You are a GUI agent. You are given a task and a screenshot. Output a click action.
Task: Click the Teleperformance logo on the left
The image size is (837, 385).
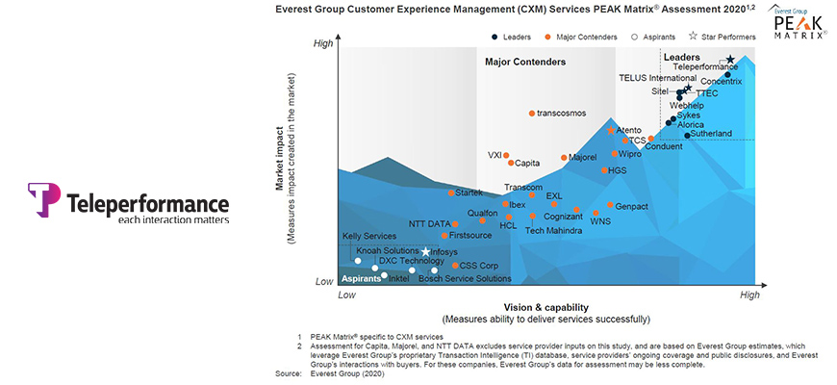pos(129,204)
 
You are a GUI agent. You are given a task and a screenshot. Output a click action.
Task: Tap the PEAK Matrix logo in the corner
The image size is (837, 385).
pos(799,21)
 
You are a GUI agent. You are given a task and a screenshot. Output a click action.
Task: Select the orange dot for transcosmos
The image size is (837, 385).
pos(532,114)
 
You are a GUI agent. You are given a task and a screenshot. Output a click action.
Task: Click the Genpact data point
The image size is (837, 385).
pos(610,205)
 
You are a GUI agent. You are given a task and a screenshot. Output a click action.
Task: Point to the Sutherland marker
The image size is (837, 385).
pos(687,135)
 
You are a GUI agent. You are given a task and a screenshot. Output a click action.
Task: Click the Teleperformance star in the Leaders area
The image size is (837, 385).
pos(730,60)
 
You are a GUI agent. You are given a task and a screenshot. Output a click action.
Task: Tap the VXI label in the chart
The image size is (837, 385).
pos(495,155)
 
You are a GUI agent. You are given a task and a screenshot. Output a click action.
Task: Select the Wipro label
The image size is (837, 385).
pos(630,154)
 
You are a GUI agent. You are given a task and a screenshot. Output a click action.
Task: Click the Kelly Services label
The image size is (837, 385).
pos(369,236)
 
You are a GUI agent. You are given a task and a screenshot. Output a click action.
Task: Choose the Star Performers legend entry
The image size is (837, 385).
pos(723,37)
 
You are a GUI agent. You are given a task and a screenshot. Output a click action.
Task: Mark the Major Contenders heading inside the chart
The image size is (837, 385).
pos(525,63)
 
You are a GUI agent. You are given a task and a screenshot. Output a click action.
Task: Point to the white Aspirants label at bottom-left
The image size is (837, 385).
pos(362,278)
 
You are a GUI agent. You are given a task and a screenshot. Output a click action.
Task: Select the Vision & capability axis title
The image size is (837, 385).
pos(545,307)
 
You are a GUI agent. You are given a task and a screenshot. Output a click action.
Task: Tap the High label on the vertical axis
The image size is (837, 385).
pos(323,44)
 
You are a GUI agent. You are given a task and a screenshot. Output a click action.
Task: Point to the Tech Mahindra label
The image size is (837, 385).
pos(553,231)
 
